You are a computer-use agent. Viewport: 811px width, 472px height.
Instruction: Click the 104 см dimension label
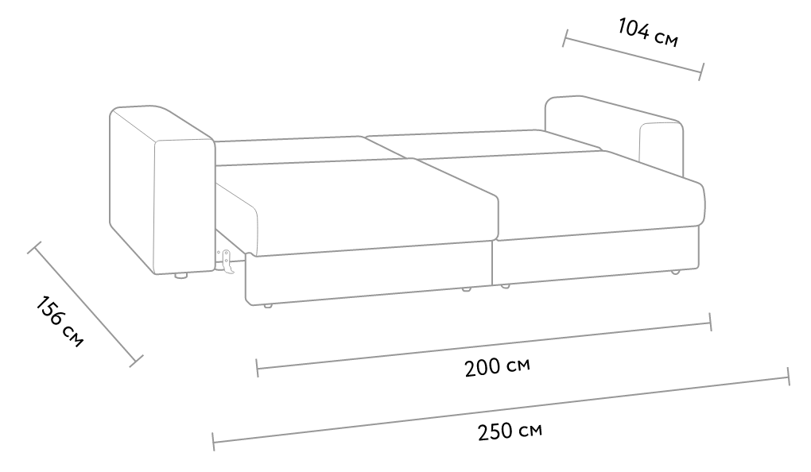point(647,32)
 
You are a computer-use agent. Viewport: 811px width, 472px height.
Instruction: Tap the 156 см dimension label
point(60,321)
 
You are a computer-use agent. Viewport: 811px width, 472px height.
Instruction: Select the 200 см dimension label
point(497,366)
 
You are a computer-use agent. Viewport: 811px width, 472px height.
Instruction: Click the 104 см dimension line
point(634,55)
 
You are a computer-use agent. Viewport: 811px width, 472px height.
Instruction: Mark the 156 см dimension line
point(85,304)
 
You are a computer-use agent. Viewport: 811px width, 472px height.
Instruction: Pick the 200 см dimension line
point(484,345)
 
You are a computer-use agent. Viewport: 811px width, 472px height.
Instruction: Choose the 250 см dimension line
point(501,409)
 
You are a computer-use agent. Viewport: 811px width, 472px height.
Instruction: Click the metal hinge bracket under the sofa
point(226,260)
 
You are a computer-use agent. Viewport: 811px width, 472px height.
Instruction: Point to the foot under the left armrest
point(180,276)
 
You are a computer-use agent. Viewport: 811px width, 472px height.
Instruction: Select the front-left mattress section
point(357,207)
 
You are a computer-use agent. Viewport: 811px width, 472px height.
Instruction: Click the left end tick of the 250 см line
point(213,442)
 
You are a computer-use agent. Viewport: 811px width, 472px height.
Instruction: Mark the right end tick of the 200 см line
point(711,322)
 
